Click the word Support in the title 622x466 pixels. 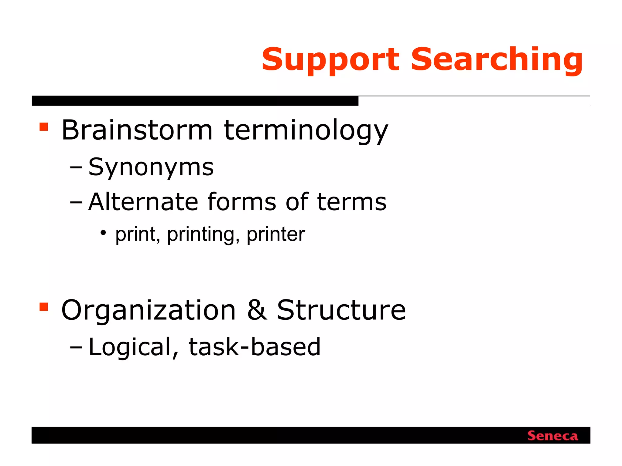point(330,60)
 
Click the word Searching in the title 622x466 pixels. point(497,60)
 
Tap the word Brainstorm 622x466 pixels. point(137,130)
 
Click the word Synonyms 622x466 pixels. point(151,168)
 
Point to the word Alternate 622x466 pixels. point(143,202)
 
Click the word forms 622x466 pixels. point(242,202)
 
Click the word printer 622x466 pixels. point(276,235)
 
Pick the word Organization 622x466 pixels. point(149,311)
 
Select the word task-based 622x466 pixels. point(255,347)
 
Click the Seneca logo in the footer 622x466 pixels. point(552,436)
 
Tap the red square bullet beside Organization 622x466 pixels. point(44,307)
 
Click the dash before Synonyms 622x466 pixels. point(76,168)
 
